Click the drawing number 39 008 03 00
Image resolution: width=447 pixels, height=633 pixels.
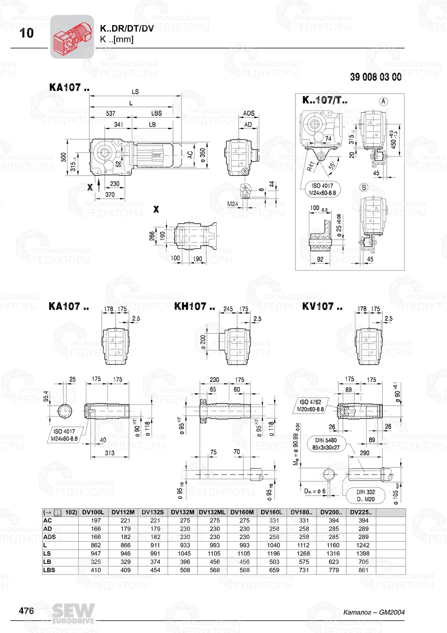(x=375, y=77)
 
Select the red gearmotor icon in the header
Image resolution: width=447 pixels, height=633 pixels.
(x=72, y=37)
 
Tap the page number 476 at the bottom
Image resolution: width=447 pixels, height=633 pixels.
(x=26, y=611)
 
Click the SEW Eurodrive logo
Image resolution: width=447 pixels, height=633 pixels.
(x=73, y=613)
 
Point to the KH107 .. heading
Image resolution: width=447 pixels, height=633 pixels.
(x=194, y=307)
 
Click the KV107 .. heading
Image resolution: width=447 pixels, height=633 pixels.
(x=322, y=307)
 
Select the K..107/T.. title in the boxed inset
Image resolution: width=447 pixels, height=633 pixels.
(x=325, y=100)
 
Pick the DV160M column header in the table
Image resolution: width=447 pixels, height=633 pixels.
(x=242, y=512)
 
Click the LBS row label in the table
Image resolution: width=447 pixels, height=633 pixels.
(x=49, y=570)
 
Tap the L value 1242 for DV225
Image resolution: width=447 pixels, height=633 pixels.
(x=363, y=545)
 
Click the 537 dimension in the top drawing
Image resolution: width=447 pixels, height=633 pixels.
(x=110, y=114)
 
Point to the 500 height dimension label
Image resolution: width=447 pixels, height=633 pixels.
(x=64, y=157)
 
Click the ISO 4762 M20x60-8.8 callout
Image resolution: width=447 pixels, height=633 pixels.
(x=310, y=405)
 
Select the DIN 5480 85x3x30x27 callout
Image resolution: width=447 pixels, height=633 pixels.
(x=325, y=444)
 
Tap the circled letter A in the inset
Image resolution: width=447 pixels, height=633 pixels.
(x=383, y=102)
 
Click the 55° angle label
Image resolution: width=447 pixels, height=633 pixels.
(x=332, y=166)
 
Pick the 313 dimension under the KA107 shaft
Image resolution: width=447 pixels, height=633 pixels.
(x=110, y=453)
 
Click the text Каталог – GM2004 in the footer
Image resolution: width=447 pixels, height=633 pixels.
(x=374, y=612)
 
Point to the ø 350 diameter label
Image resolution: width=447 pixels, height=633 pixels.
(x=202, y=155)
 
